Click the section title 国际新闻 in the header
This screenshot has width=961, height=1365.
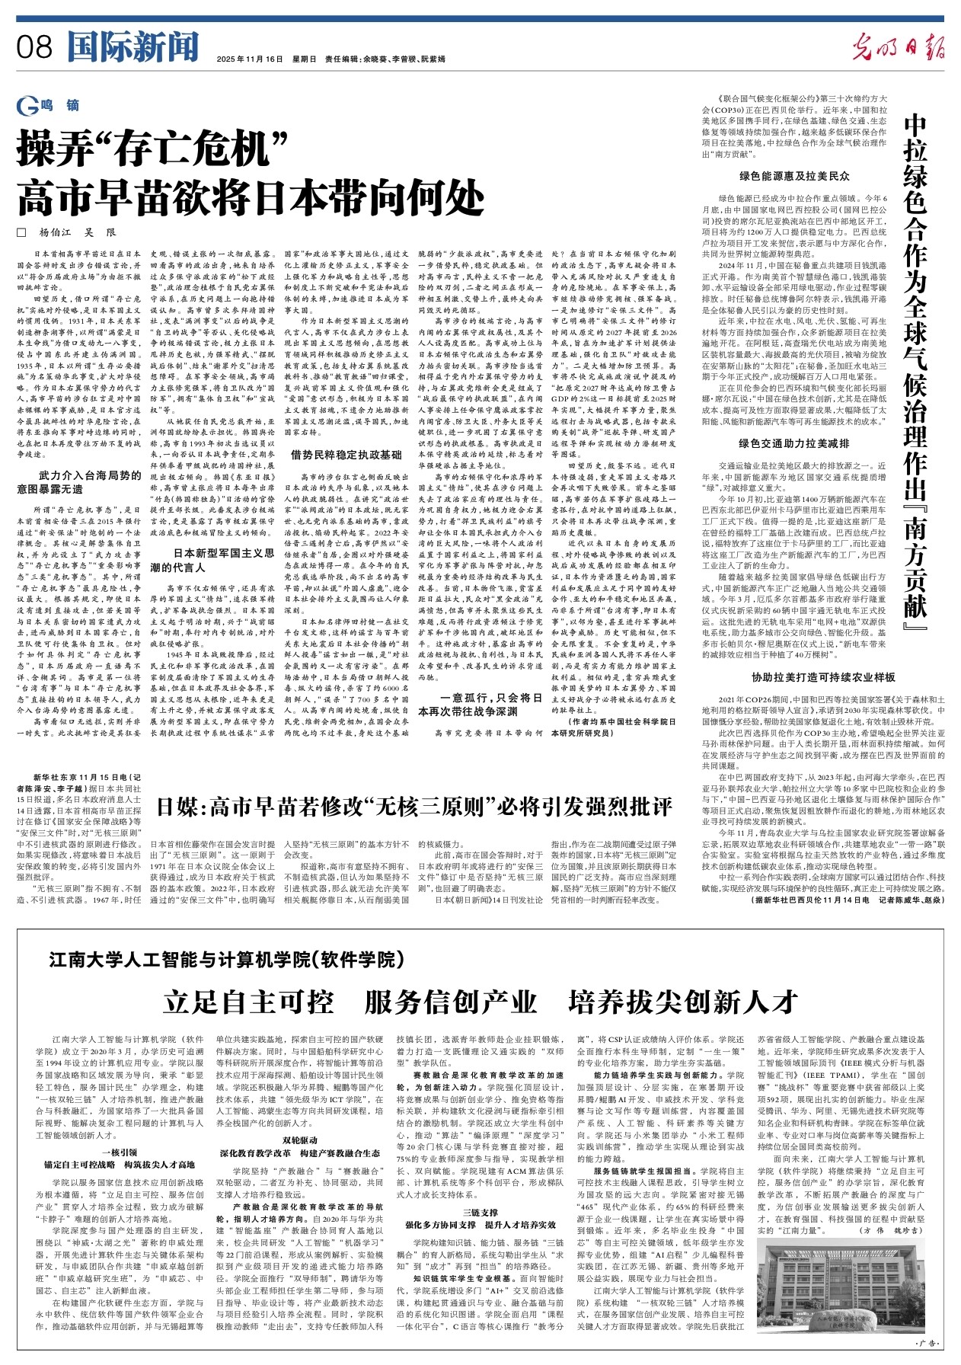click(x=132, y=47)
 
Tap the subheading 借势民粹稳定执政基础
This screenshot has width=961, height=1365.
click(x=346, y=455)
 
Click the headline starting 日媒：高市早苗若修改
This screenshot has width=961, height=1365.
click(x=415, y=806)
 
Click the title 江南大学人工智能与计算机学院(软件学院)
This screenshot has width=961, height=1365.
click(x=222, y=958)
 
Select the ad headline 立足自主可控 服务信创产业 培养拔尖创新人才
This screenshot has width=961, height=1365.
click(x=480, y=1002)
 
